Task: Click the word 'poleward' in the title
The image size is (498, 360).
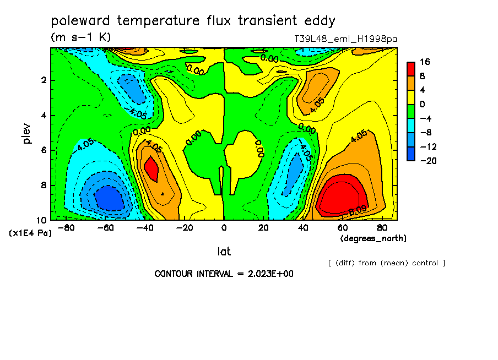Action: point(80,20)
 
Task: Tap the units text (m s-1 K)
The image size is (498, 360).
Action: point(80,37)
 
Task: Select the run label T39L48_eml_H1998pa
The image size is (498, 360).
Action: point(345,39)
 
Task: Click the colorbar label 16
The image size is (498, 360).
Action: point(425,62)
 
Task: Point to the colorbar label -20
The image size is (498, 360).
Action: point(428,161)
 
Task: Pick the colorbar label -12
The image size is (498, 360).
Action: point(428,146)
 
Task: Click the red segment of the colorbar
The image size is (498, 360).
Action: point(411,69)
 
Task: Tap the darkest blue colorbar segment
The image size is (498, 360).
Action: point(411,154)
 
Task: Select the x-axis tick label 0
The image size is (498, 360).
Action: point(224,228)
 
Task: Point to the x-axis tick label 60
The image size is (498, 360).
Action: point(343,228)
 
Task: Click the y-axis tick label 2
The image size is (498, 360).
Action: point(44,80)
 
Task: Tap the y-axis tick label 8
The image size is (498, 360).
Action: point(44,185)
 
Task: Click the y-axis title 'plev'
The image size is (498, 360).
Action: point(27,134)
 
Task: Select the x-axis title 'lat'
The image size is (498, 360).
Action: point(224,252)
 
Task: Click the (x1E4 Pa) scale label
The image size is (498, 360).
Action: point(30,233)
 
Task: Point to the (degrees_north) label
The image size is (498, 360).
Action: point(373,238)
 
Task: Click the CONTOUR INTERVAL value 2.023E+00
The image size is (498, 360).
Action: point(270,274)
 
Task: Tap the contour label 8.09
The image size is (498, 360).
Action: point(358,210)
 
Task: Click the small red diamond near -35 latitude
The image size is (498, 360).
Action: point(151,168)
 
